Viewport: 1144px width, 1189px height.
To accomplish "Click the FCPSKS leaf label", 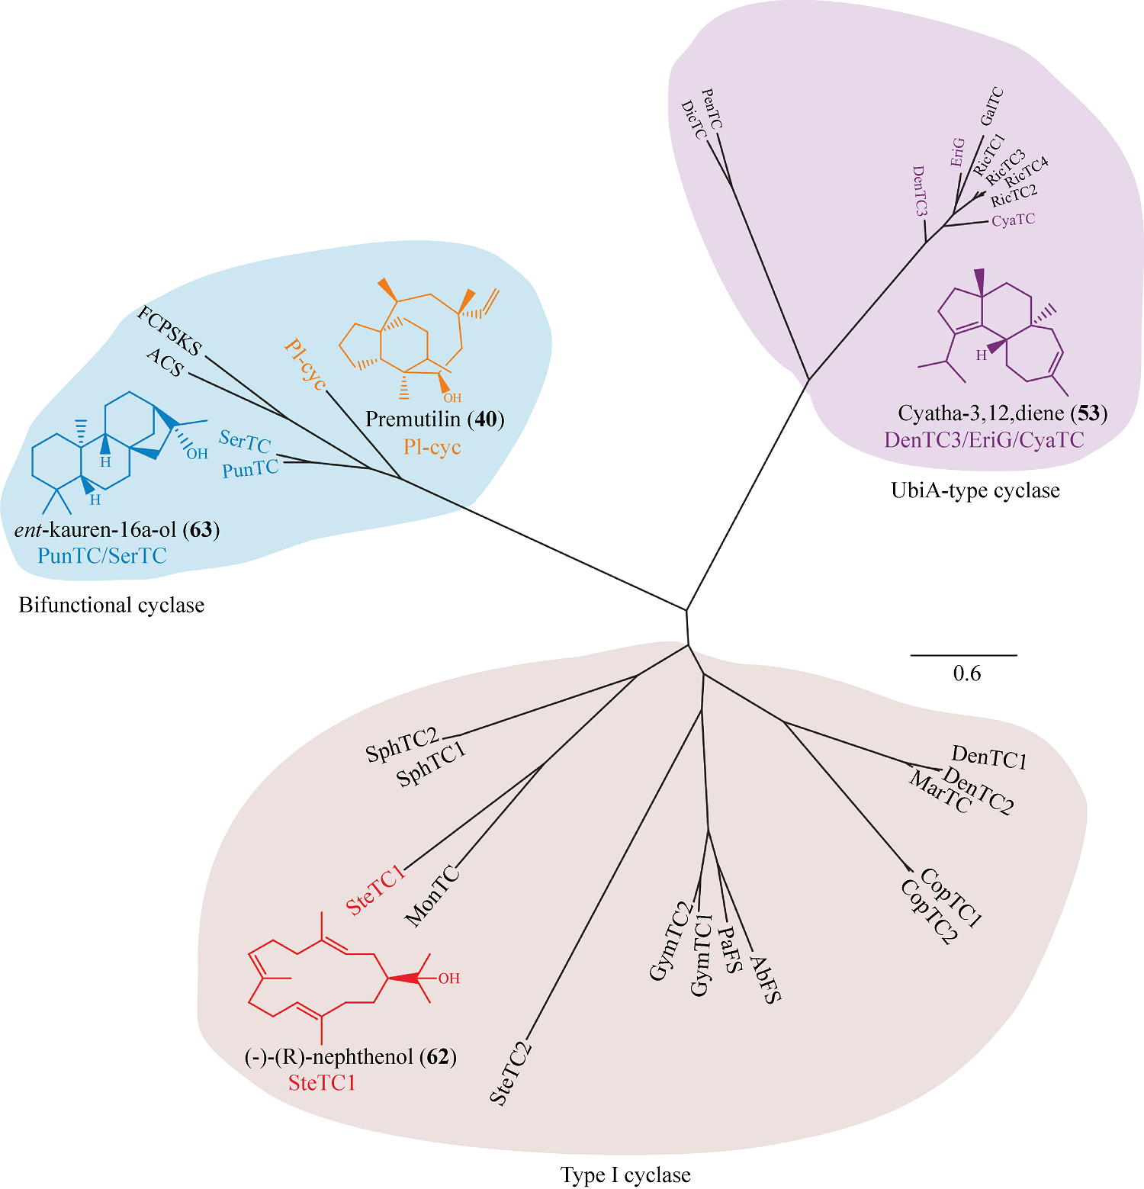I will (169, 331).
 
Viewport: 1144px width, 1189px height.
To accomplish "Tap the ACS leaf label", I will (165, 362).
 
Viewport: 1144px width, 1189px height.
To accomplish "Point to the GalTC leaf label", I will (991, 106).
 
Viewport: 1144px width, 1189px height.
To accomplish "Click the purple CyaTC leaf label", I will (1013, 220).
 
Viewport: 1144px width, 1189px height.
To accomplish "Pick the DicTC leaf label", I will (694, 120).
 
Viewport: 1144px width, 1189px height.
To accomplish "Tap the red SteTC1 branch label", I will (375, 890).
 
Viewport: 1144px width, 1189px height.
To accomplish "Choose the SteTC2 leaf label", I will (510, 1073).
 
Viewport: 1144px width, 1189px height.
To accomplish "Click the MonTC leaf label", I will (432, 896).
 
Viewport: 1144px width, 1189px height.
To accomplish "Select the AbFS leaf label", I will (766, 979).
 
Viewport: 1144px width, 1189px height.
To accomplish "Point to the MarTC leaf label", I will (940, 792).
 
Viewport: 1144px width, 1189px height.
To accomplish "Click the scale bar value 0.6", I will (967, 673).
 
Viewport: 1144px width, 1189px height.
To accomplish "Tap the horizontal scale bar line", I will (964, 655).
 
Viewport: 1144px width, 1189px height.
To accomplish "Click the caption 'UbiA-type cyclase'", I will (975, 490).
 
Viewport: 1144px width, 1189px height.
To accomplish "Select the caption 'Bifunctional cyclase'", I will (111, 605).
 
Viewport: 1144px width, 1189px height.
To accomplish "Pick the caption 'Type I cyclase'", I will (625, 1175).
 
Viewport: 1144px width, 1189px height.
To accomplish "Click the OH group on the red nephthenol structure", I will (448, 979).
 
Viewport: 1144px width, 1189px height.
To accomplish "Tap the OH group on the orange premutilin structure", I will (452, 397).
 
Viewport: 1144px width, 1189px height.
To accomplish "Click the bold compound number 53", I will (1088, 413).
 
